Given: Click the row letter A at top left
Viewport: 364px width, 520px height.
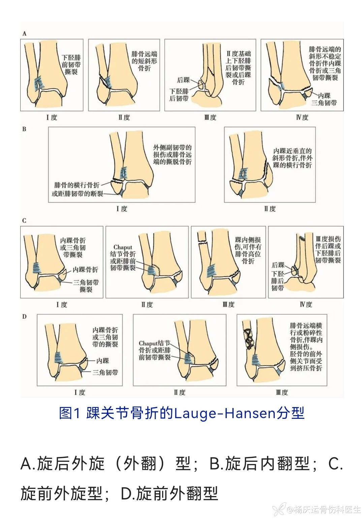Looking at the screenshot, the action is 24,34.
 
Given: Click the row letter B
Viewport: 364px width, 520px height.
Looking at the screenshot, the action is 24,129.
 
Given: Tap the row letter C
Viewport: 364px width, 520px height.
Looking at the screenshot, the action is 24,221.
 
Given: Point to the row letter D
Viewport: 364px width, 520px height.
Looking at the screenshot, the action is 24,317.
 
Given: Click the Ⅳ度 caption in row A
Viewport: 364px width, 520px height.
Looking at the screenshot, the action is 302,117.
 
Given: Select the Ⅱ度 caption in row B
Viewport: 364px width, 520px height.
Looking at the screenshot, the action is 270,209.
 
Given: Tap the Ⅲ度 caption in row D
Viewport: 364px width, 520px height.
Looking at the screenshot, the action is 282,393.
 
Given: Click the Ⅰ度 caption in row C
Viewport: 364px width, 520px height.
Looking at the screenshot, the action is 62,304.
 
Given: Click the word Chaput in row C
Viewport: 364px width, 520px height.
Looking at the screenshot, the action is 123,248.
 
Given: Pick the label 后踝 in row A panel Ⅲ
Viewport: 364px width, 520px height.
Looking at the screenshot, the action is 183,80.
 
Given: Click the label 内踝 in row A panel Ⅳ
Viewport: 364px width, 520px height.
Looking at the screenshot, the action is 324,95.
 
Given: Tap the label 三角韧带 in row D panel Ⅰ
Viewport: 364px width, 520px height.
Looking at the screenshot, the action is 105,373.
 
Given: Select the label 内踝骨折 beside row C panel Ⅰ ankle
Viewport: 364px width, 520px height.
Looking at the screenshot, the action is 85,270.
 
